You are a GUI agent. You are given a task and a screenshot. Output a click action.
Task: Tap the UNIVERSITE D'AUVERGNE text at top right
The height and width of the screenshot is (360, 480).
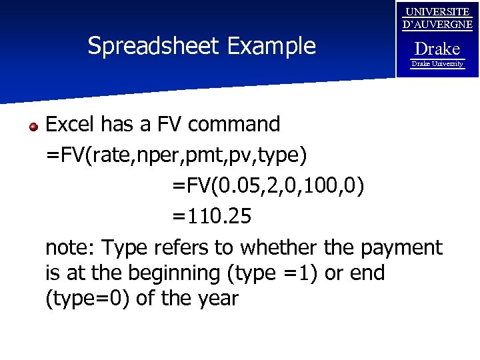coord(438,19)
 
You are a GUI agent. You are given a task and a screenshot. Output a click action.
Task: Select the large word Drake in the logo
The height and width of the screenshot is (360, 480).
coord(437,49)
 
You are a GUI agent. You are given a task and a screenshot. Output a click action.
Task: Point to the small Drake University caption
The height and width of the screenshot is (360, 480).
coord(437,64)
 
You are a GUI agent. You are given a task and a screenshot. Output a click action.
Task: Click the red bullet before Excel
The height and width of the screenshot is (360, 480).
coord(33,125)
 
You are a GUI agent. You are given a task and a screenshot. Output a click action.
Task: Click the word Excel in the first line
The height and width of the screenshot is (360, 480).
coord(72,124)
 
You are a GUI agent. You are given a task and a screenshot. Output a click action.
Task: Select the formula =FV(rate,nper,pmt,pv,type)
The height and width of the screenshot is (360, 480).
coord(176,155)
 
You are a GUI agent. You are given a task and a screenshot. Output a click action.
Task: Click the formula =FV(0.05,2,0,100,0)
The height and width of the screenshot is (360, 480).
coord(268,186)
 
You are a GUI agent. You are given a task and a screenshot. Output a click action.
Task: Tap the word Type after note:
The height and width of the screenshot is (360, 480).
coord(125,249)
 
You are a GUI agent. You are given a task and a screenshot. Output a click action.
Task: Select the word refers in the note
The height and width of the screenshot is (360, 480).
coord(181,248)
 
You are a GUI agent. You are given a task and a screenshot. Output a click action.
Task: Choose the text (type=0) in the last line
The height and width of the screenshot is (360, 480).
coord(87,299)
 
